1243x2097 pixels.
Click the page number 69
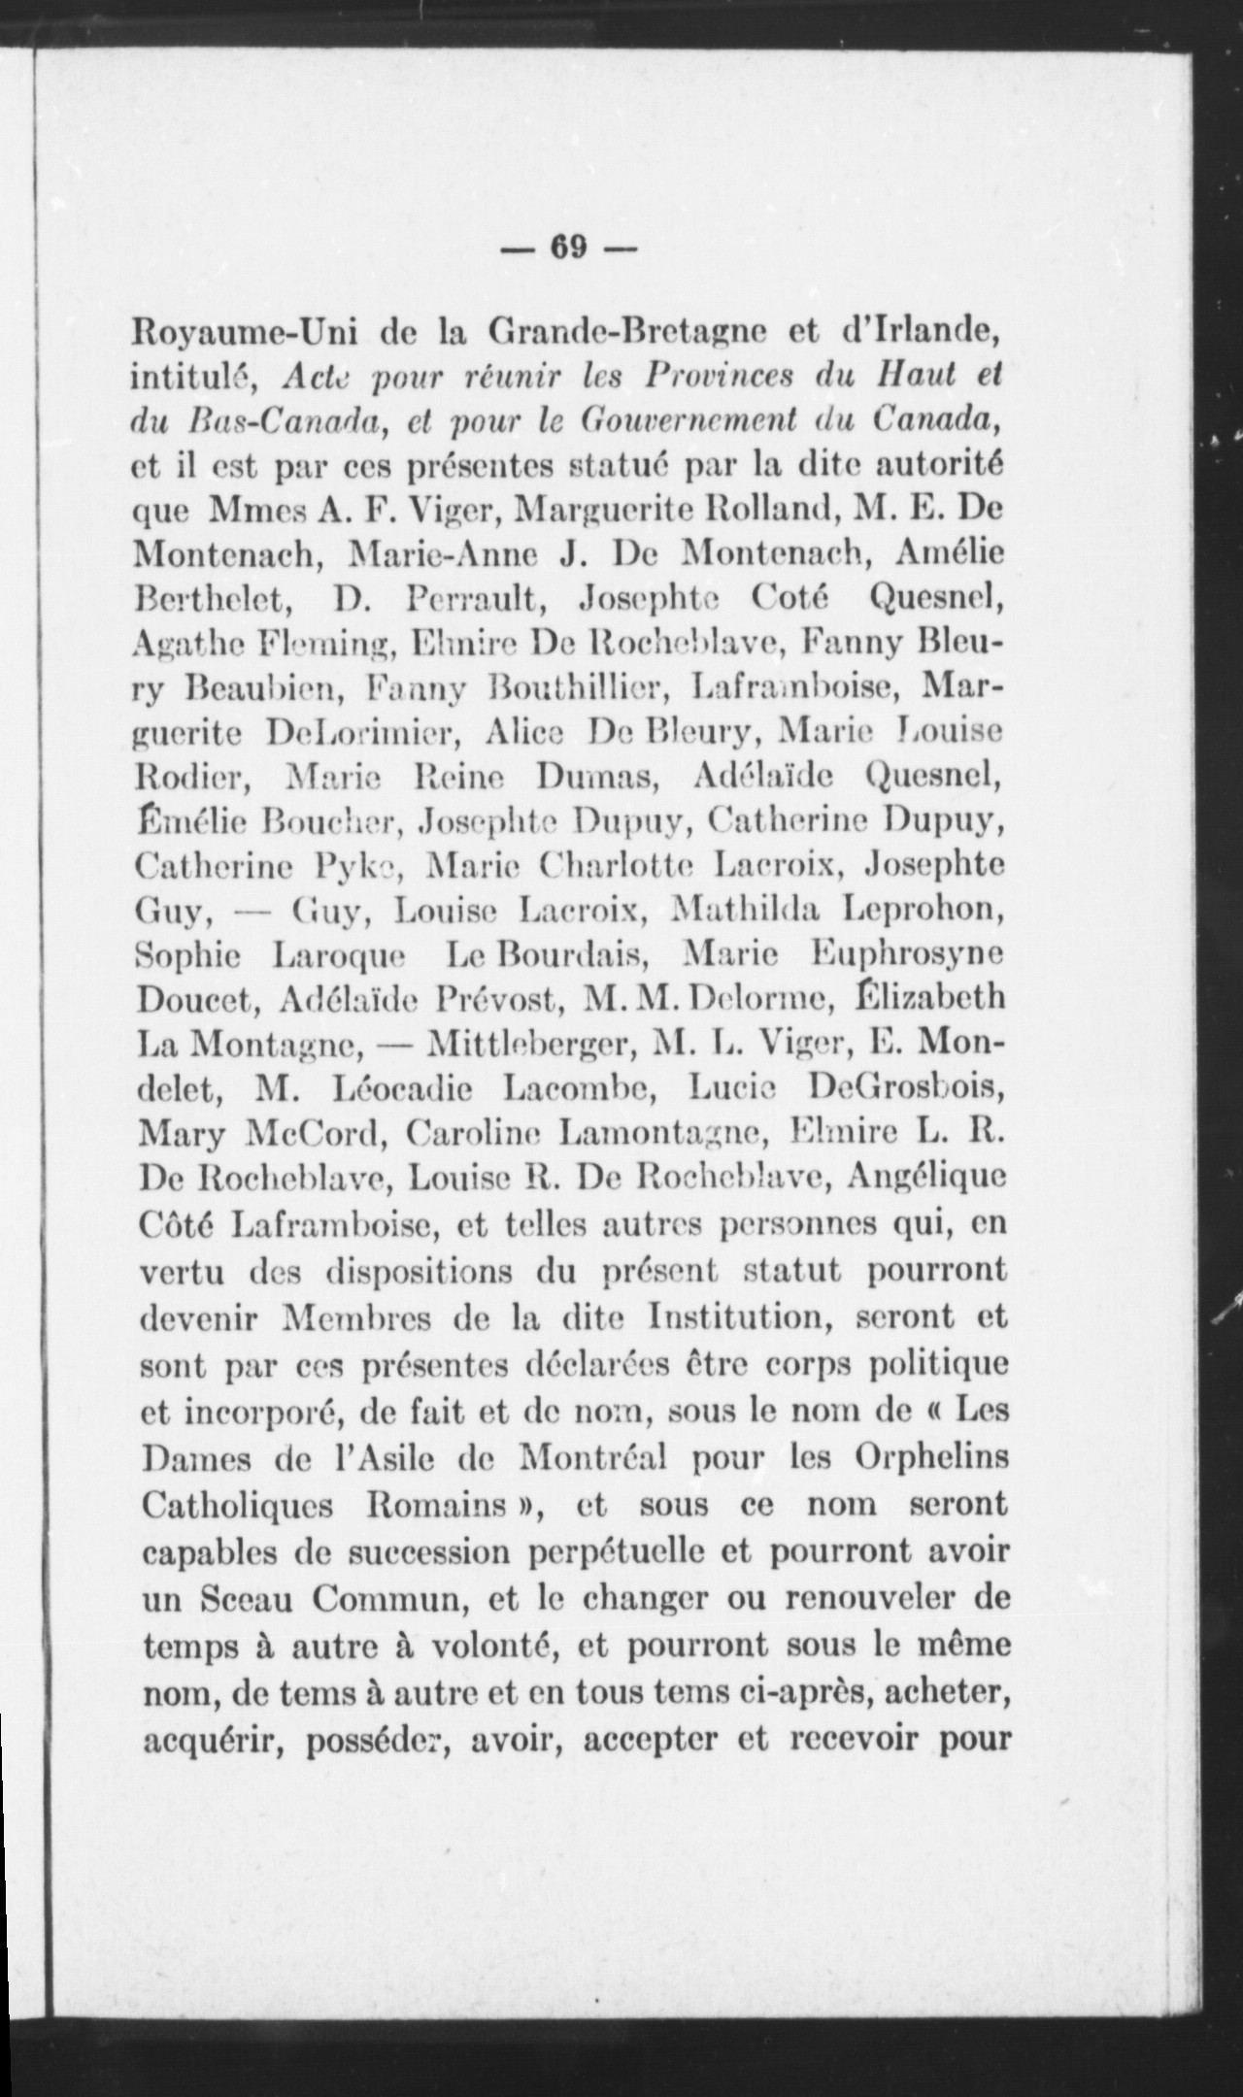tap(569, 248)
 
